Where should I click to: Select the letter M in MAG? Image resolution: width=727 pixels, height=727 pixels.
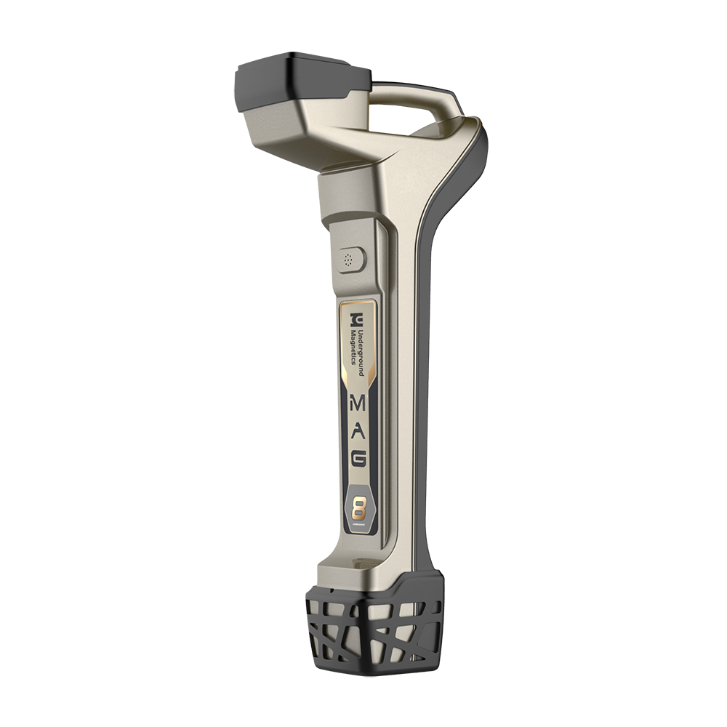pyautogui.click(x=359, y=402)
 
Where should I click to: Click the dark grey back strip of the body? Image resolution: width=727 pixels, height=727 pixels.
pyautogui.click(x=429, y=363)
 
